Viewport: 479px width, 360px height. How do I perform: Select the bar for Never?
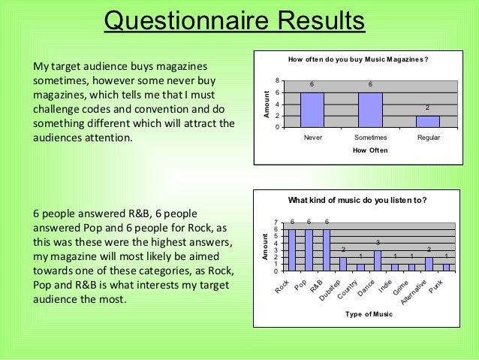click(x=312, y=110)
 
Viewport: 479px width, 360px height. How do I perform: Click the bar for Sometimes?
click(x=370, y=110)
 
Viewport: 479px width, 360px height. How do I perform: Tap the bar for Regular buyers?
click(x=428, y=122)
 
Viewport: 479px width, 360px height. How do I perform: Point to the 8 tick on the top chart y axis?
click(x=277, y=80)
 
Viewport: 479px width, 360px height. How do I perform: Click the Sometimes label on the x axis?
click(x=370, y=138)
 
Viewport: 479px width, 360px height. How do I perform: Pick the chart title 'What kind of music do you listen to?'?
click(x=359, y=200)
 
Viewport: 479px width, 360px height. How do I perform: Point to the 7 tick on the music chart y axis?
click(x=277, y=222)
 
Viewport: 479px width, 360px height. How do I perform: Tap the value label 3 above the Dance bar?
click(x=378, y=242)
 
